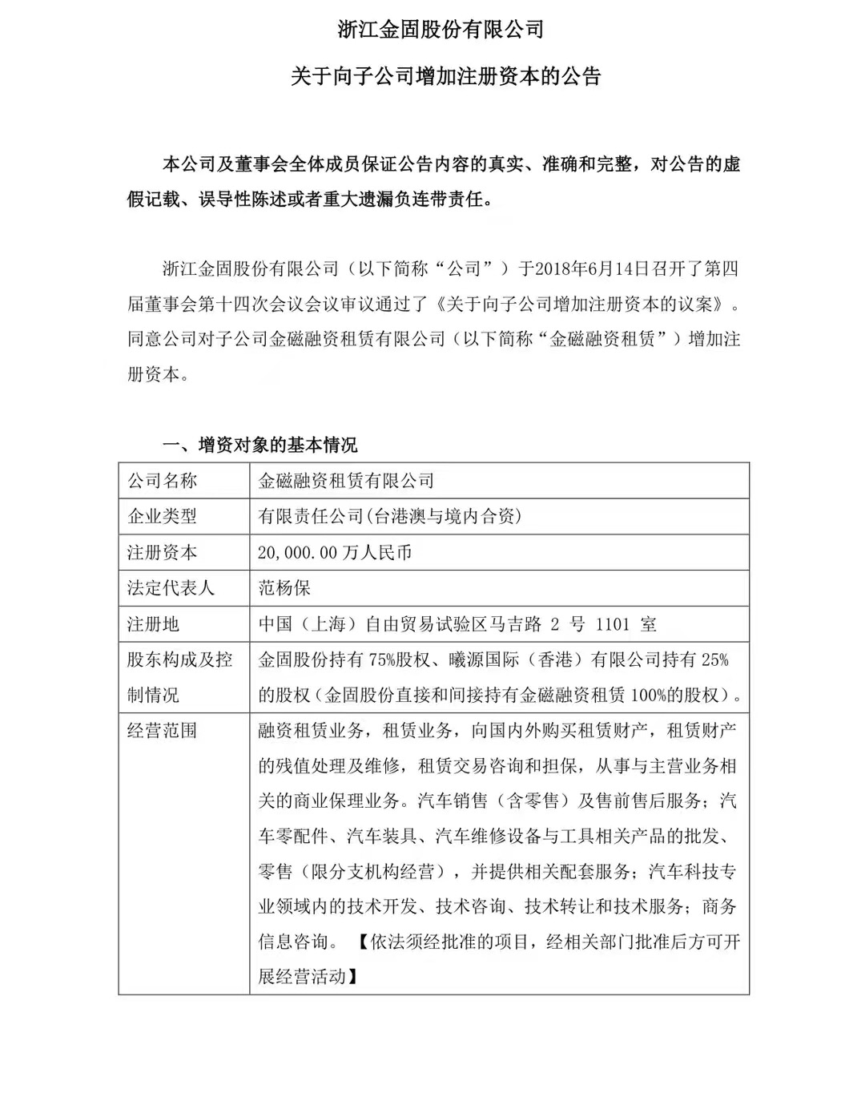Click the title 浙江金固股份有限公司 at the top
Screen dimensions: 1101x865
pyautogui.click(x=440, y=30)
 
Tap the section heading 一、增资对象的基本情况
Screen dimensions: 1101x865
pyautogui.click(x=260, y=445)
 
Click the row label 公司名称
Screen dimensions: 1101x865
pyautogui.click(x=162, y=481)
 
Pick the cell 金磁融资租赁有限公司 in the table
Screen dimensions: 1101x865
pyautogui.click(x=346, y=481)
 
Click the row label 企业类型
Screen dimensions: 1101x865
pyautogui.click(x=162, y=516)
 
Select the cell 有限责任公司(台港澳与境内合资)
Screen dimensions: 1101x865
pyautogui.click(x=389, y=516)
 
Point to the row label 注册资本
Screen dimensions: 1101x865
pyautogui.click(x=162, y=552)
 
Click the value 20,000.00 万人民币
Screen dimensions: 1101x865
pyautogui.click(x=335, y=552)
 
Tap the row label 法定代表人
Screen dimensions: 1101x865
pyautogui.click(x=171, y=587)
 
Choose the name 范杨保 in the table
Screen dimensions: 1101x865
pyautogui.click(x=284, y=587)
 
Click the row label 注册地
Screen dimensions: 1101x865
pyautogui.click(x=153, y=623)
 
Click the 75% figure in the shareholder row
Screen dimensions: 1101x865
pyautogui.click(x=382, y=659)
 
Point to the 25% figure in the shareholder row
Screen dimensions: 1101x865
pyautogui.click(x=714, y=659)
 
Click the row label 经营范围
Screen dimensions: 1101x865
pyautogui.click(x=162, y=731)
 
